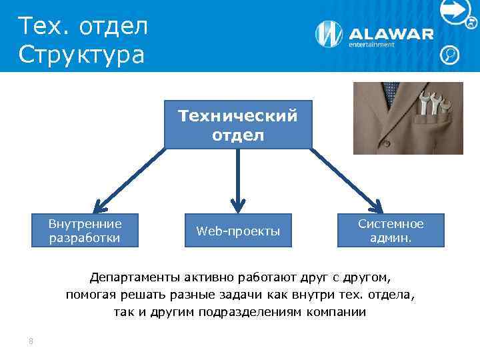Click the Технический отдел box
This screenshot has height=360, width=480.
coord(238,125)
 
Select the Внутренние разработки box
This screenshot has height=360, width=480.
coord(85,231)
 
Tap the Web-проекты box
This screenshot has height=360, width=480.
coord(238,231)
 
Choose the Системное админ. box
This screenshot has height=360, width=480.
coord(391,231)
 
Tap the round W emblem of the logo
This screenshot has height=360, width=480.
coord(329,35)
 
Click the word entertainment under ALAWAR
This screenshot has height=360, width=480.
coord(372,45)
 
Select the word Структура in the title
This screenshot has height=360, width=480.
coord(81,55)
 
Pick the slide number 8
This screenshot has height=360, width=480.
coord(31,341)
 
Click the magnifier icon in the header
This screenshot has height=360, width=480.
coord(450,54)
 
